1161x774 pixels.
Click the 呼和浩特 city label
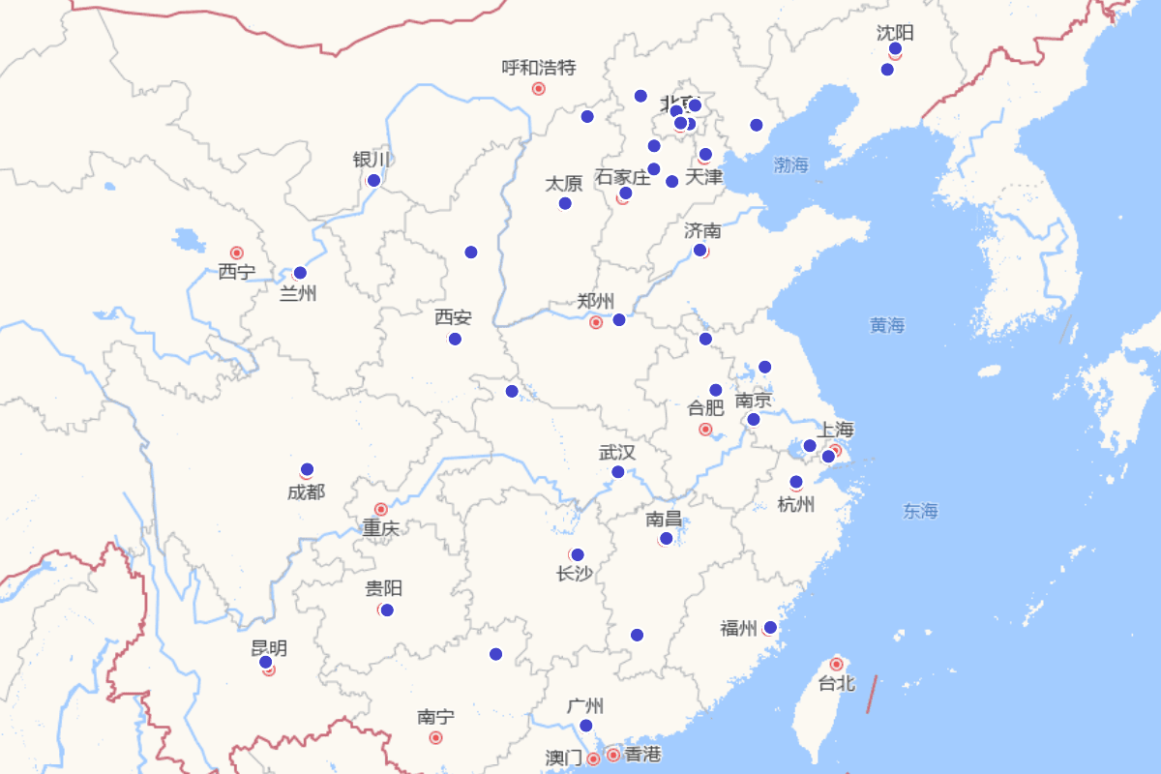coord(539,68)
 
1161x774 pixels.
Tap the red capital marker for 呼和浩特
coord(539,89)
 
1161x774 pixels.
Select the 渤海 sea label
coord(790,165)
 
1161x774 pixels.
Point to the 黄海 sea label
coord(886,326)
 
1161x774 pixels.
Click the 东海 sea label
coord(920,511)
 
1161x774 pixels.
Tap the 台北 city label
coord(837,684)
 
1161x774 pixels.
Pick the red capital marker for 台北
coord(837,664)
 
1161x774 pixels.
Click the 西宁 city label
coord(236,272)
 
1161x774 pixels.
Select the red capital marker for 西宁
coord(236,253)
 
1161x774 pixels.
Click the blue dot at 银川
coord(373,180)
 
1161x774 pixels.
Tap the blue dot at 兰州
coord(300,273)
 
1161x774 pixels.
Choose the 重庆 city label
coord(380,528)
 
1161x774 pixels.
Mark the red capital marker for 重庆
coord(381,509)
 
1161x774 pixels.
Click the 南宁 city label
coord(435,717)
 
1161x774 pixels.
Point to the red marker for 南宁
coord(435,737)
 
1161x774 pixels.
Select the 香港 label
coord(642,755)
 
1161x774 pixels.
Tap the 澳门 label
coord(563,758)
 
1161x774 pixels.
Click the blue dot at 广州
coord(585,726)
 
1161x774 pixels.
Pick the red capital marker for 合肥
coord(705,429)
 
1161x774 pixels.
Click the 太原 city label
coord(564,184)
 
